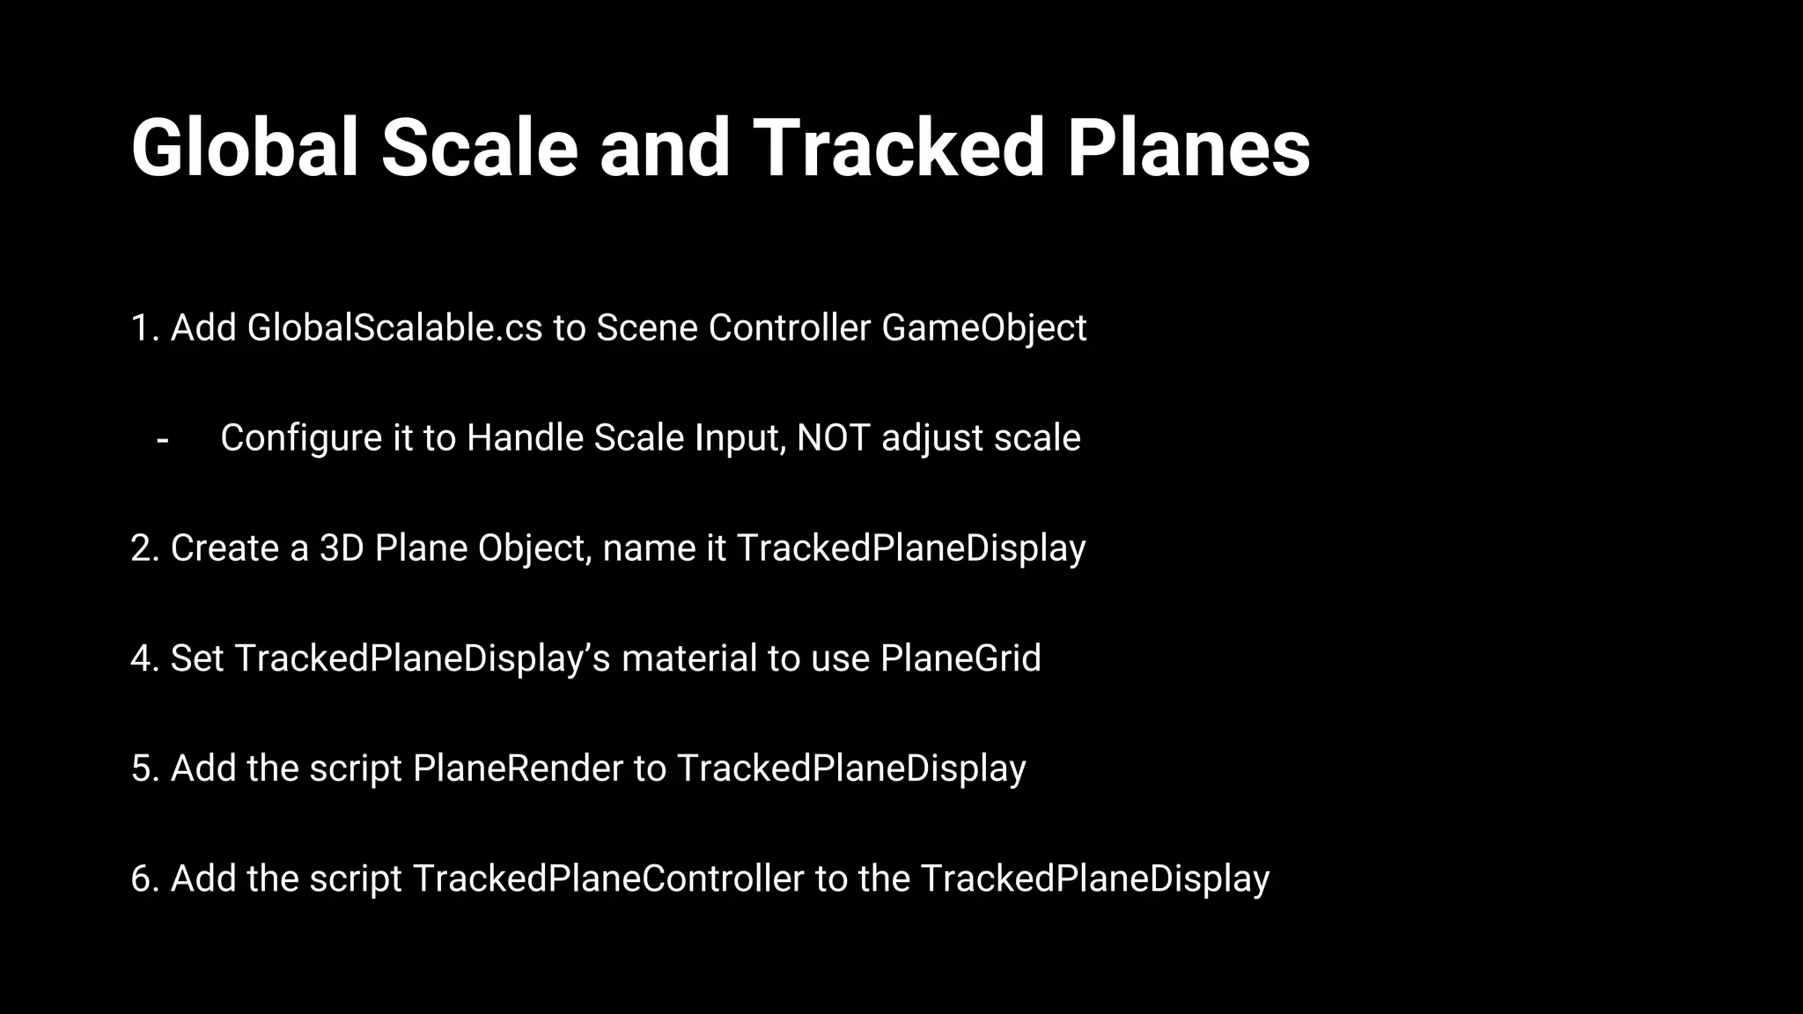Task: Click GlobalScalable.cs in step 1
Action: pyautogui.click(x=394, y=328)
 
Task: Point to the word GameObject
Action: pyautogui.click(x=983, y=328)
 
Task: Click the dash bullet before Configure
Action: pyautogui.click(x=162, y=438)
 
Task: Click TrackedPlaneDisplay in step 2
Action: pyautogui.click(x=910, y=548)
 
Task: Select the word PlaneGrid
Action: pyautogui.click(x=960, y=658)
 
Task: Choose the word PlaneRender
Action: pyautogui.click(x=518, y=768)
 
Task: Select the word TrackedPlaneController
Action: pyautogui.click(x=607, y=878)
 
